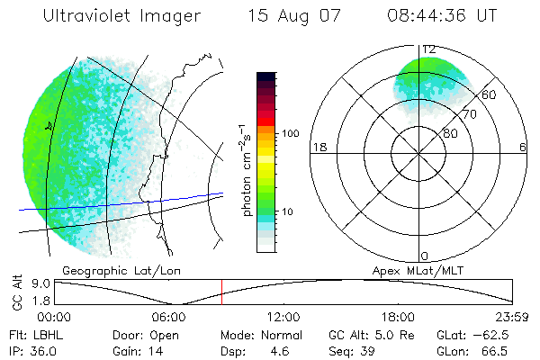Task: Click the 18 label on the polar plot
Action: click(318, 147)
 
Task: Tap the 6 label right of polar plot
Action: click(523, 147)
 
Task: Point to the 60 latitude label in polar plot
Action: click(489, 94)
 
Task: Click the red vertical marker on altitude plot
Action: click(221, 292)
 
